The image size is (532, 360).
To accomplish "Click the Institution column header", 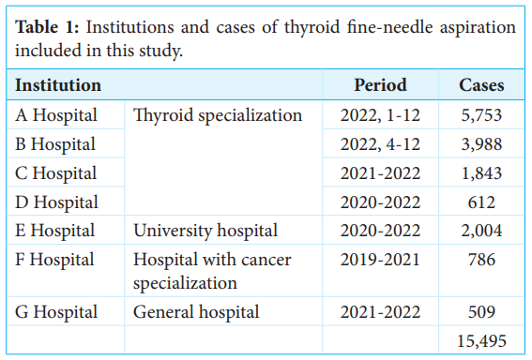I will click(58, 85).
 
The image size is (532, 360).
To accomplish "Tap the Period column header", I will click(380, 85).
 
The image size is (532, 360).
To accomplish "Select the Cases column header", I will click(481, 85).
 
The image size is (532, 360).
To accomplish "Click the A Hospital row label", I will click(56, 116).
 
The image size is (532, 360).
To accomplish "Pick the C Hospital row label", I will click(56, 173).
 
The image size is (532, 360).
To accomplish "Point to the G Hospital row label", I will click(56, 311).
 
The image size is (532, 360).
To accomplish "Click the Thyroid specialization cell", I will click(218, 116).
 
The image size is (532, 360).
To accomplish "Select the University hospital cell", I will click(205, 231).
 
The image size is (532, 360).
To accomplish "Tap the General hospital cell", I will click(196, 311).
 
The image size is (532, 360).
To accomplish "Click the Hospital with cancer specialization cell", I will click(212, 270).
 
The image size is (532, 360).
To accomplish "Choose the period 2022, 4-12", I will click(380, 144).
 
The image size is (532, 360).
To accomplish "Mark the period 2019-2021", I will click(380, 259).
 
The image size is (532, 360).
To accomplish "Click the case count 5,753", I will click(481, 116).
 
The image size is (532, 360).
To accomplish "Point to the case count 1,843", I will click(481, 173).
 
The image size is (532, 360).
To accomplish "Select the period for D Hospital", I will click(380, 202).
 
